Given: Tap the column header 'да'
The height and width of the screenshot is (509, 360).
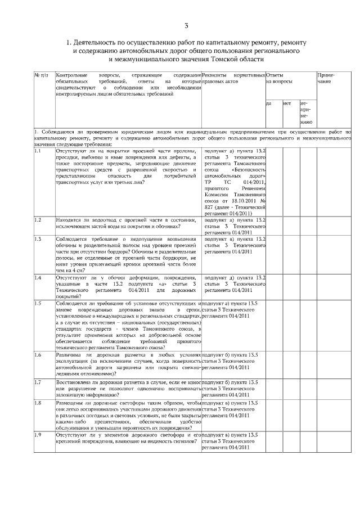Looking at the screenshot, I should click(x=268, y=103).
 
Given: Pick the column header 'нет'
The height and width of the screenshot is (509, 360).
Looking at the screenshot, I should click(x=286, y=103).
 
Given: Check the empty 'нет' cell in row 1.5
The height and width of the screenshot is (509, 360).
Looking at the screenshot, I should click(x=290, y=326).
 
